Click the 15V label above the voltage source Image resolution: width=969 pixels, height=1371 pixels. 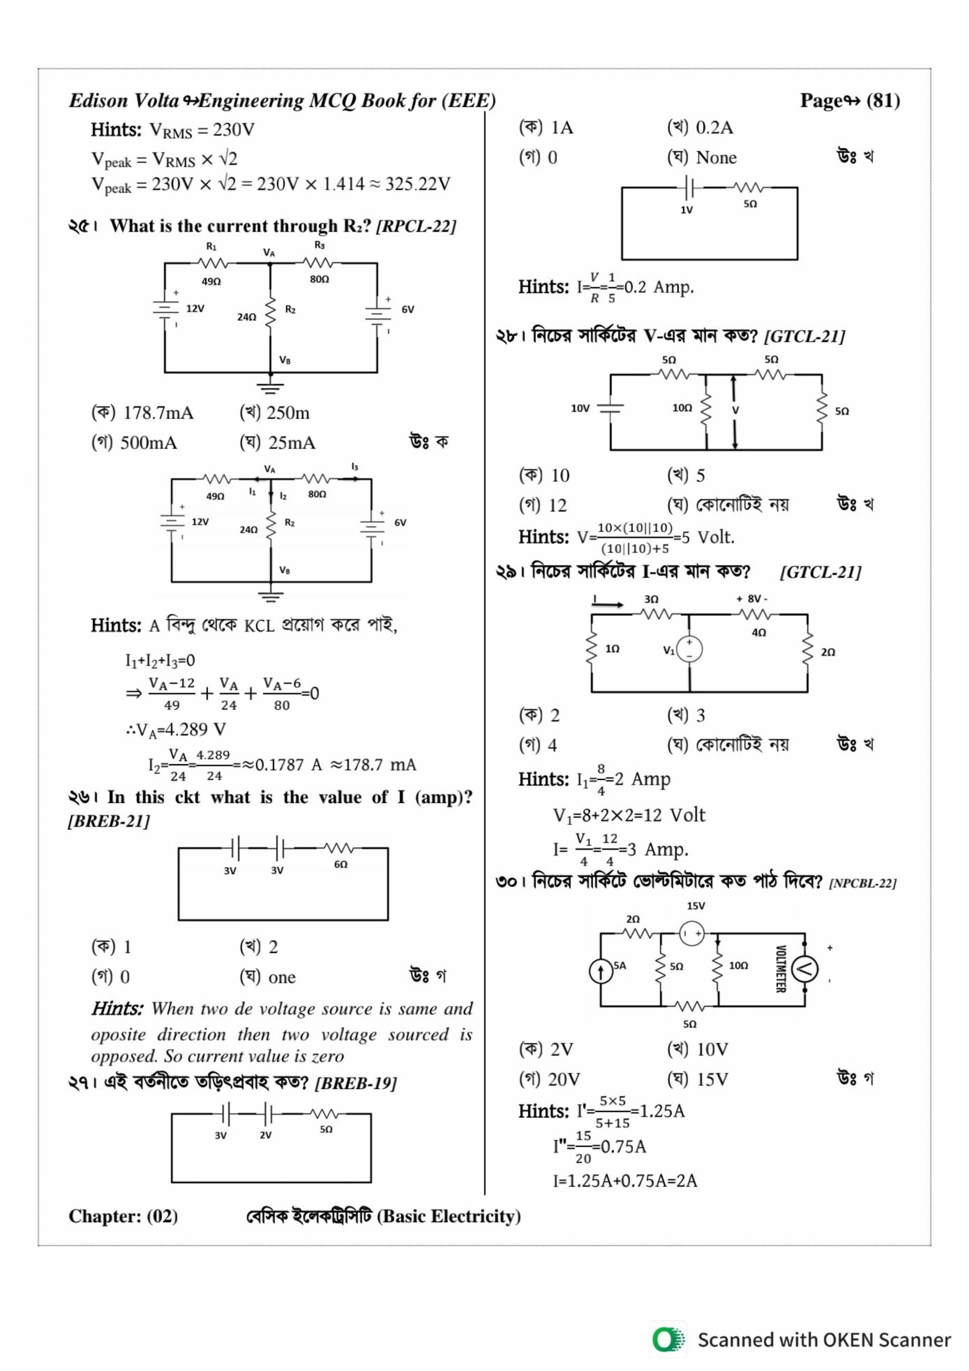click(x=695, y=906)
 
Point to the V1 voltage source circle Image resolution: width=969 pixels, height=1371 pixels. click(x=689, y=649)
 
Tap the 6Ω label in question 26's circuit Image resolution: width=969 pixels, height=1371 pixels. click(x=341, y=864)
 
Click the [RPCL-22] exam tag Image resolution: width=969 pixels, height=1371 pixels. click(x=416, y=227)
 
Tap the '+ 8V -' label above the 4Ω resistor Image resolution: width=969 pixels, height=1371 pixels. click(x=752, y=599)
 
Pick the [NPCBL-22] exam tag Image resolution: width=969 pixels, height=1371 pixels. click(x=862, y=883)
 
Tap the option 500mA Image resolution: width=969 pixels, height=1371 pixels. click(x=148, y=443)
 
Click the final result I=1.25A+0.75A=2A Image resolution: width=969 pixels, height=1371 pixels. click(x=625, y=1180)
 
